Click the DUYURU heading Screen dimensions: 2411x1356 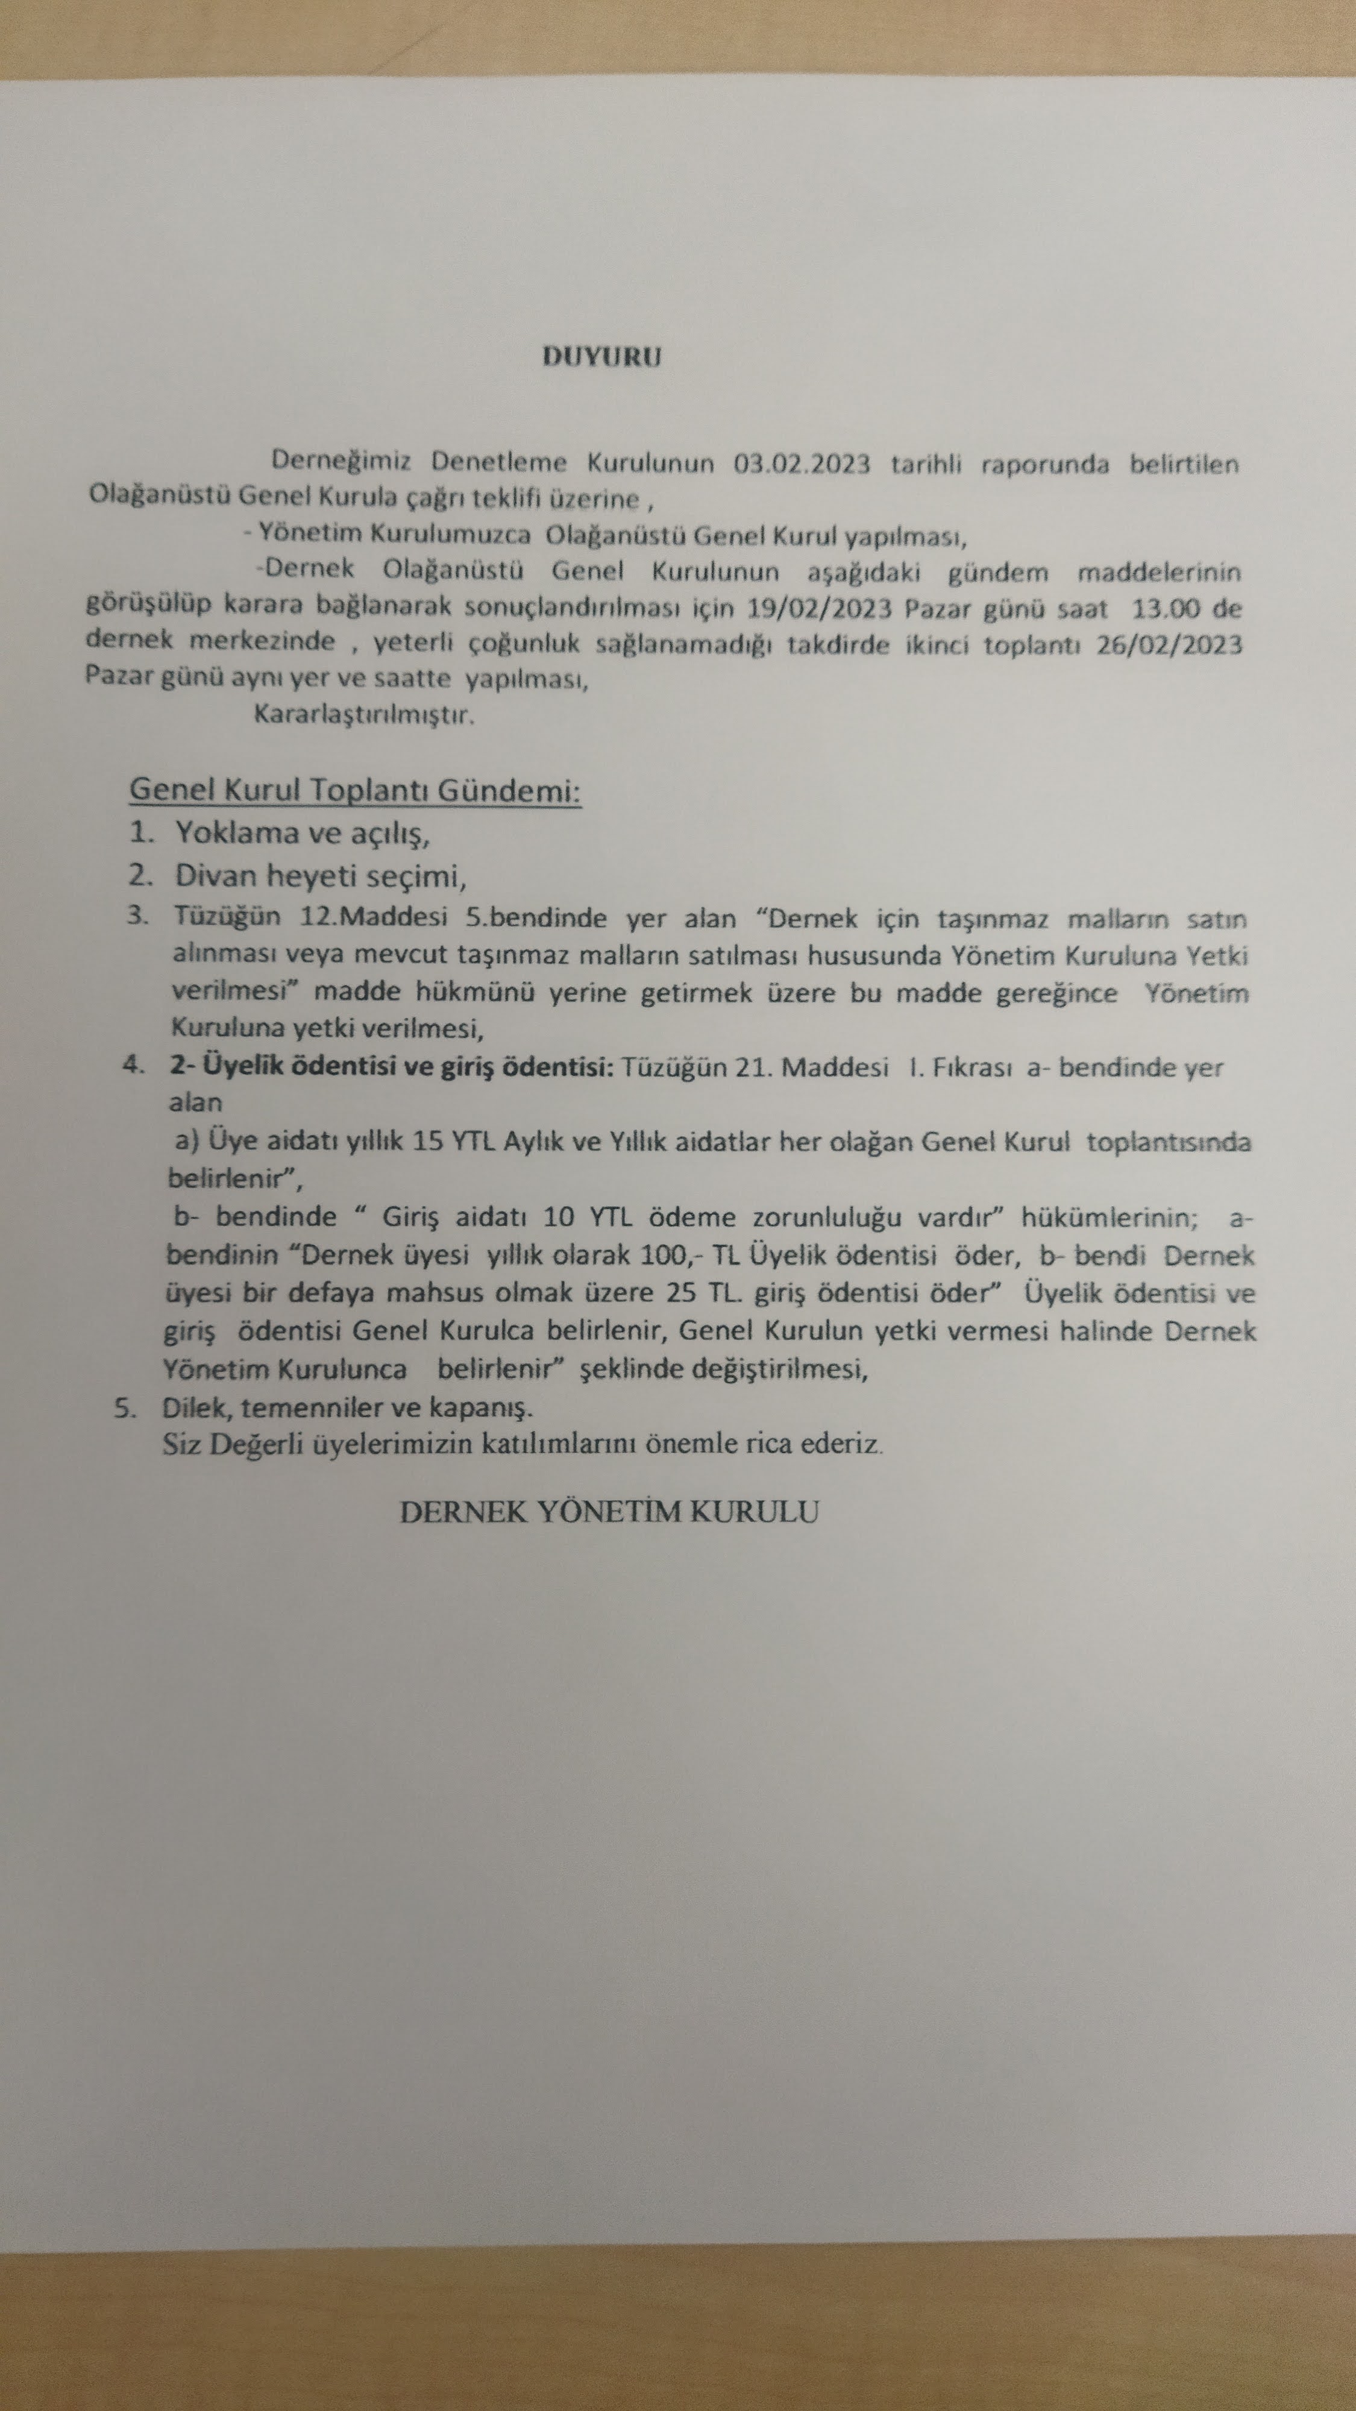[601, 357]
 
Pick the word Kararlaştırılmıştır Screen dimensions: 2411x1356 [364, 716]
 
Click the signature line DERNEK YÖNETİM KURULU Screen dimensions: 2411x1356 [608, 1512]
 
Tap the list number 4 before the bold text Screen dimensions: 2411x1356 [133, 1066]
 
